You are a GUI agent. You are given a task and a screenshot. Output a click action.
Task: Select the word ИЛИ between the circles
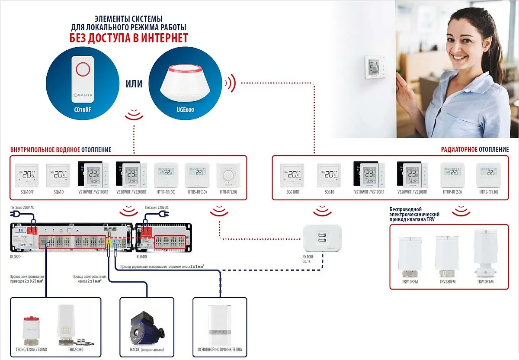(x=134, y=84)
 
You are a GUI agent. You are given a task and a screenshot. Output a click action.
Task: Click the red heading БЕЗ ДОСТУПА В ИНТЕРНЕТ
(x=128, y=38)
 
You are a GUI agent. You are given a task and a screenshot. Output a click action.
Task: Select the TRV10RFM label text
(x=410, y=282)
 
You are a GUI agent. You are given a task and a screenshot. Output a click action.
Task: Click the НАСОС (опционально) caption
(x=147, y=350)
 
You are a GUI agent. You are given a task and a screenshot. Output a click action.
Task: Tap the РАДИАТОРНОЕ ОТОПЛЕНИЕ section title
(x=474, y=149)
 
